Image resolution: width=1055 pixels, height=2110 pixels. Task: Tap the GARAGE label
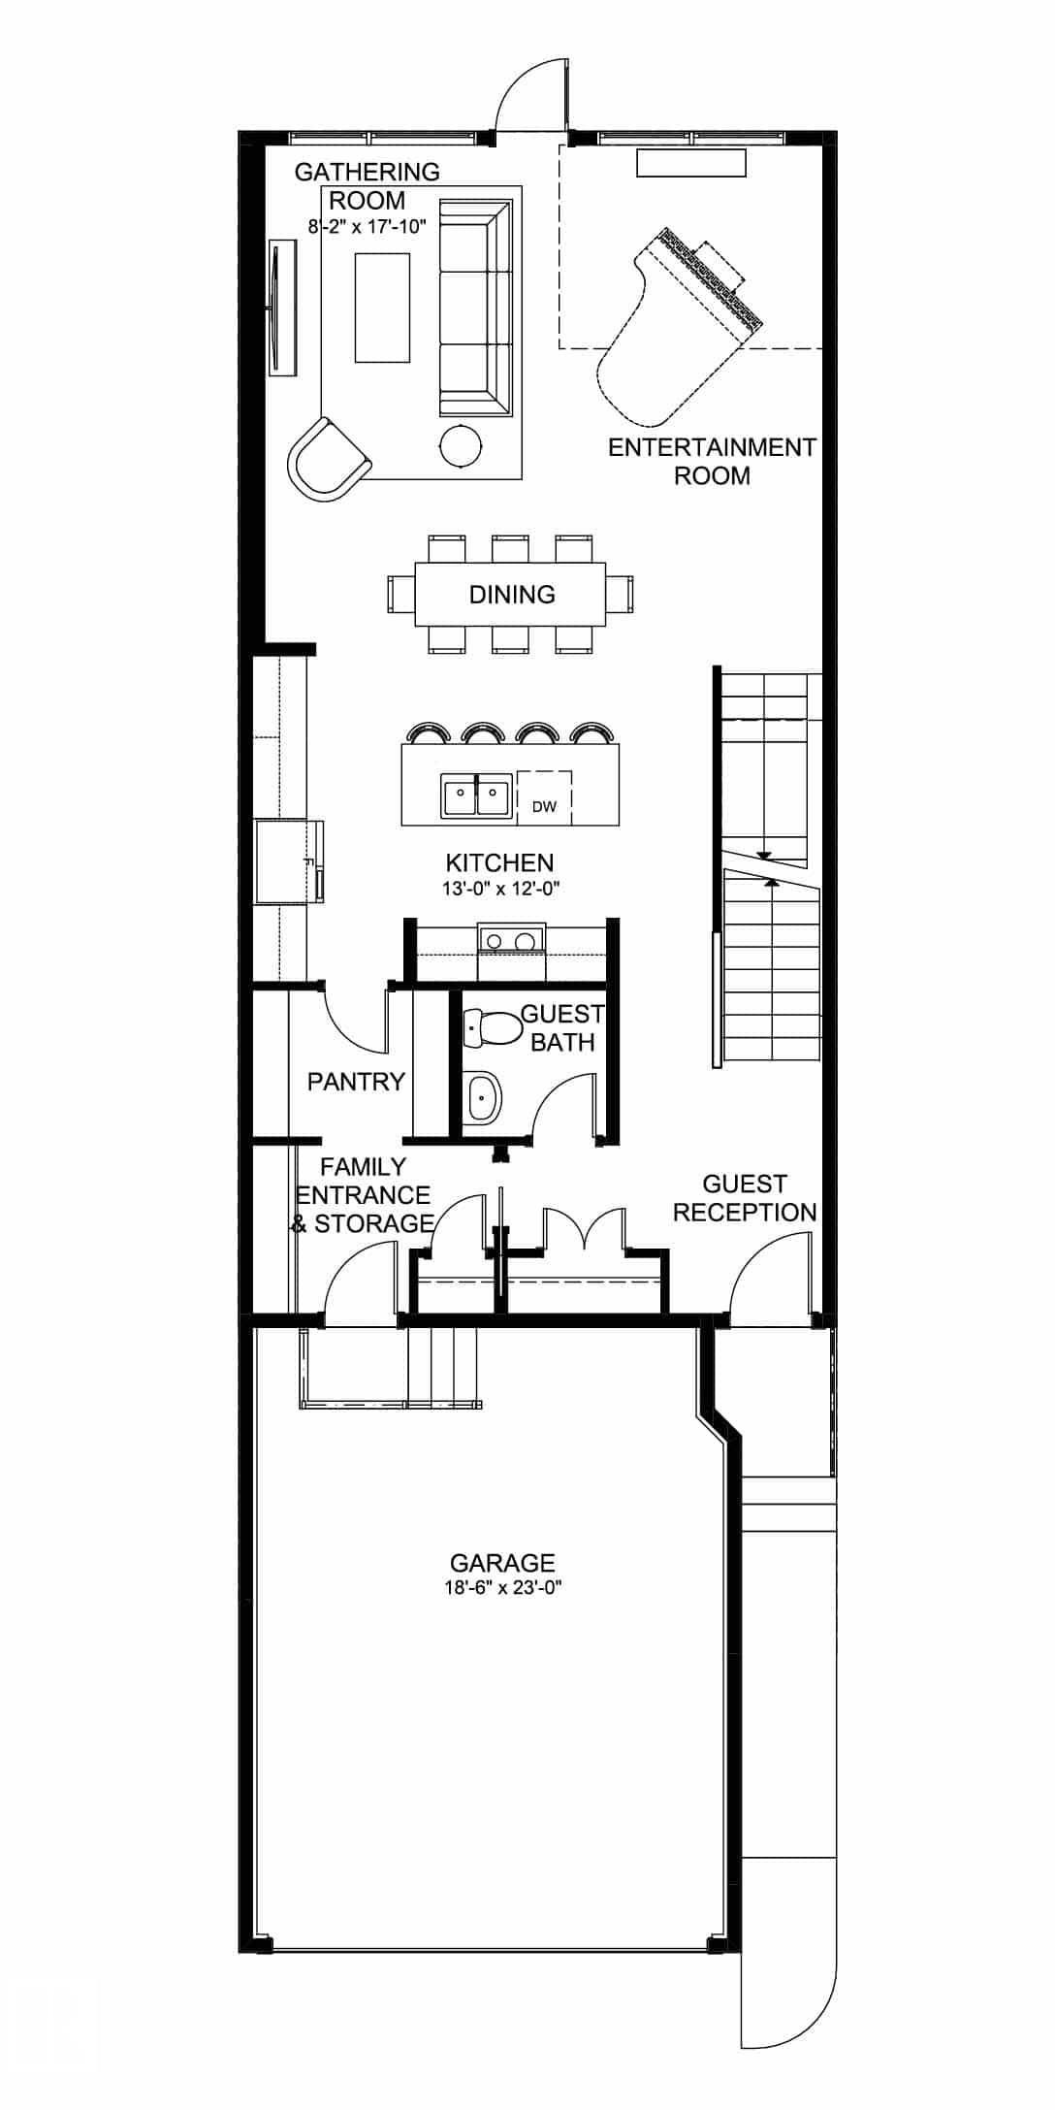click(x=502, y=1563)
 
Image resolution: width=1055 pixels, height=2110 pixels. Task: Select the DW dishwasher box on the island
click(x=544, y=797)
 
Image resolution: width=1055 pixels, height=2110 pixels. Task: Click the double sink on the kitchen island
click(x=477, y=797)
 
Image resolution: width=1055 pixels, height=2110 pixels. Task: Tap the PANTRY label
click(x=356, y=1082)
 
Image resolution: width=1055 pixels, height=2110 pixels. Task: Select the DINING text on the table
click(x=512, y=595)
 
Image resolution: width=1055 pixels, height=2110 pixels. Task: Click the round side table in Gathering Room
click(x=461, y=445)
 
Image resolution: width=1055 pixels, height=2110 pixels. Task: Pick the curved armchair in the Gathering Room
click(x=325, y=460)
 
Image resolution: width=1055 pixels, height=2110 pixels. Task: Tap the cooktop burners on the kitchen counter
click(x=511, y=940)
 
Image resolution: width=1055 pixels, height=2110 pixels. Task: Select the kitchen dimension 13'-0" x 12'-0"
click(x=500, y=888)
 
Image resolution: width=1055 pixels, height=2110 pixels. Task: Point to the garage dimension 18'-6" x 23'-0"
click(x=501, y=1588)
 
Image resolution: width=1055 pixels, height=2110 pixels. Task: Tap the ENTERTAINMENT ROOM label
click(x=712, y=461)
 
